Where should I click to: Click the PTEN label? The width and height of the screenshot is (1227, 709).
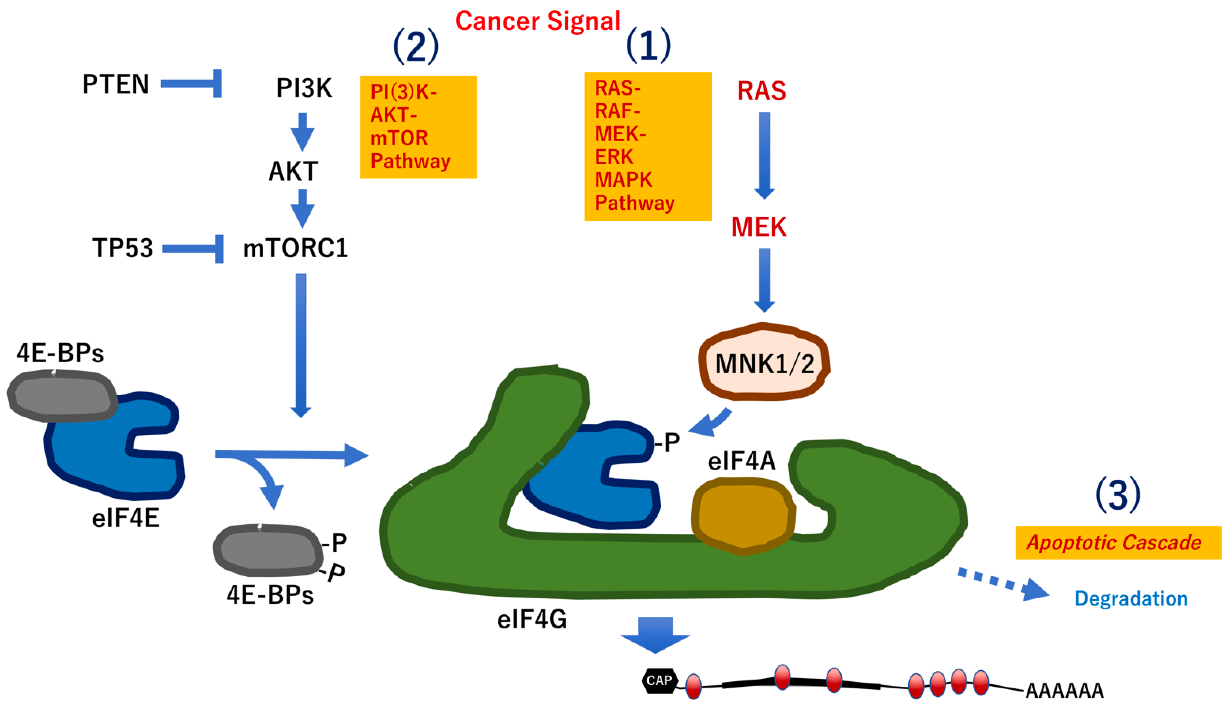tap(115, 84)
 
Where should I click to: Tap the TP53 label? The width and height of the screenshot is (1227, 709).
tap(123, 248)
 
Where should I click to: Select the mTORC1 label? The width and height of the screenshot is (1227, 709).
tap(295, 248)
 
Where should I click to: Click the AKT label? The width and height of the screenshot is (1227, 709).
tap(293, 171)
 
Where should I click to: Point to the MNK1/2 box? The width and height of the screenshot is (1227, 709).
tap(764, 363)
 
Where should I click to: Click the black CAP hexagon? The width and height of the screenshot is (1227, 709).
tap(659, 680)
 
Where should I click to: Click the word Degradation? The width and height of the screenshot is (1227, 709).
tap(1131, 598)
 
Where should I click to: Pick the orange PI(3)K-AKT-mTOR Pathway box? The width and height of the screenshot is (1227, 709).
tap(418, 127)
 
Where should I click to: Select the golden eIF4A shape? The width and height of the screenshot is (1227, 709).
tap(742, 516)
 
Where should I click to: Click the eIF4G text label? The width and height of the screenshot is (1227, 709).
tap(532, 620)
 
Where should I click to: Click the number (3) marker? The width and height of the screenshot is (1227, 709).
tap(1118, 495)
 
